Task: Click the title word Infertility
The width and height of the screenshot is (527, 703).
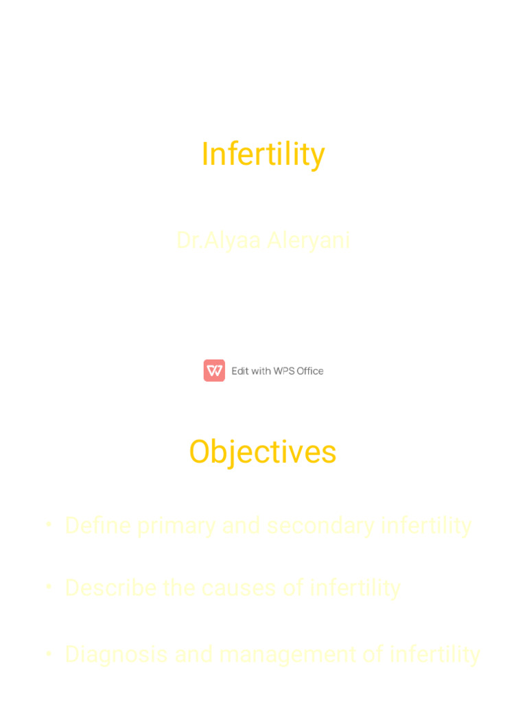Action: [263, 154]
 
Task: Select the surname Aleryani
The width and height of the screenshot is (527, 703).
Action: [308, 240]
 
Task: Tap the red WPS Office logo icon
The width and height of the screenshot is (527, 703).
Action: [214, 371]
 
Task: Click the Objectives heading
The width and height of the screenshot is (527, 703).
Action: [263, 452]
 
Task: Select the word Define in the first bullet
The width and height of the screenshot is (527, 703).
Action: [98, 526]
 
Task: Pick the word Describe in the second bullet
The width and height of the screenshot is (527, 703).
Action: [110, 588]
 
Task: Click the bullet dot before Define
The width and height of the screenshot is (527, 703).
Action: [49, 525]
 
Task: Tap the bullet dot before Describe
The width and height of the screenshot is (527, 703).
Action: [49, 587]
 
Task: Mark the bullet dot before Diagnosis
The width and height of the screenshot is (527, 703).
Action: [49, 653]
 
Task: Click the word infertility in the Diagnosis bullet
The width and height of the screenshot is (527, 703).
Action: [434, 654]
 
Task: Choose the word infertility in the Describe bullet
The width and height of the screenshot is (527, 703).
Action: [355, 588]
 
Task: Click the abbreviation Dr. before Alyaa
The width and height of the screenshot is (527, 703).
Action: [189, 240]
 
